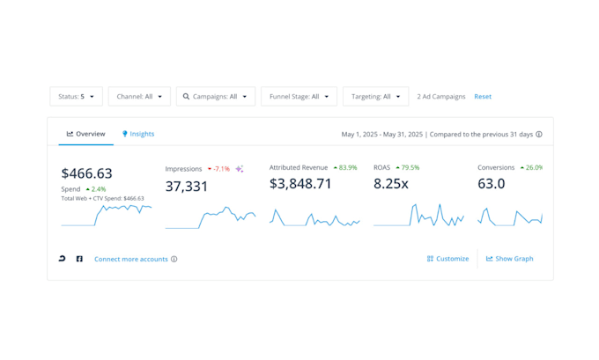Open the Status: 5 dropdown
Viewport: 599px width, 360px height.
coord(76,97)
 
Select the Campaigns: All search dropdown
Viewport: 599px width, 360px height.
coord(216,97)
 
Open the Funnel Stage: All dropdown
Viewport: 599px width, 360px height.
coord(299,97)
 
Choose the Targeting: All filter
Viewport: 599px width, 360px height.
coord(375,97)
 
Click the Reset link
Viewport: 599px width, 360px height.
coord(483,97)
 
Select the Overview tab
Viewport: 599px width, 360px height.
coord(86,134)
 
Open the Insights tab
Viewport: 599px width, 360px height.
coord(138,134)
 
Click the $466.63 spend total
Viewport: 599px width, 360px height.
coord(86,173)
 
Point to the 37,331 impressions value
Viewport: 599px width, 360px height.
coord(187,186)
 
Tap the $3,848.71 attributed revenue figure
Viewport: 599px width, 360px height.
coord(300,184)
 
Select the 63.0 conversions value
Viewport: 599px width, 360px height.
coord(492,184)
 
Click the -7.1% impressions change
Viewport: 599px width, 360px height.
coord(218,168)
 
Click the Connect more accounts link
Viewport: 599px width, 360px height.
coord(131,259)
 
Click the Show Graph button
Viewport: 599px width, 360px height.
coord(510,259)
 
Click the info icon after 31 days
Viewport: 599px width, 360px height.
coord(539,135)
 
